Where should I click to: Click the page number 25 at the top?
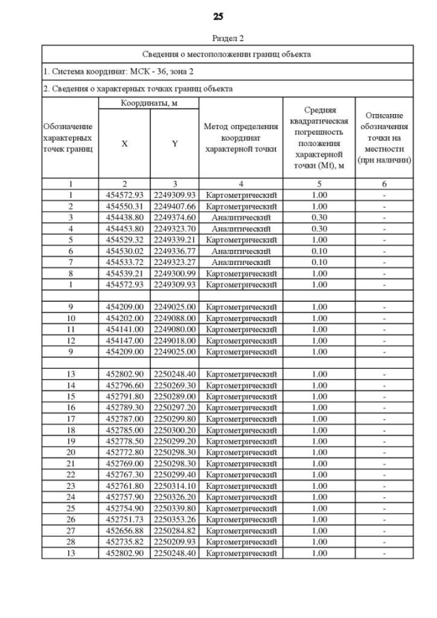coord(218,16)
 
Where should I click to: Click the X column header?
coord(124,144)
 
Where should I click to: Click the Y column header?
coord(175,144)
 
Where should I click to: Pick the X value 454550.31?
coord(124,206)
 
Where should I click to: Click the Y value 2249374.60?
coord(175,217)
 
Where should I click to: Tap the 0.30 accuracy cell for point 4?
coord(319,228)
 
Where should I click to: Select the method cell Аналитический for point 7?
coord(240,262)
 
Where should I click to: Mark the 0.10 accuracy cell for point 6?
coord(319,251)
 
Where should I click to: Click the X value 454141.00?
coord(124,329)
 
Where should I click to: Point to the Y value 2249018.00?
coord(175,340)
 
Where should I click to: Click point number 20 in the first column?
coord(70,452)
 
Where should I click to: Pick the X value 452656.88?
coord(124,531)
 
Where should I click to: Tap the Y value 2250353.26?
coord(175,520)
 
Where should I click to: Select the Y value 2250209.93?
coord(175,542)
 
